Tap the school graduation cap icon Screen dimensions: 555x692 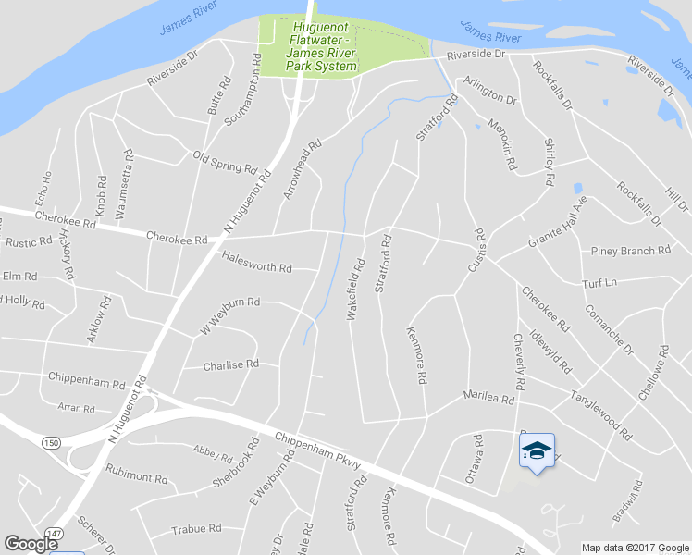click(536, 450)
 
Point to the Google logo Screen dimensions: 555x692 click(31, 544)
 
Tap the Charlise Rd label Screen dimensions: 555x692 click(230, 365)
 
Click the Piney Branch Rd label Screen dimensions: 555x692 click(630, 251)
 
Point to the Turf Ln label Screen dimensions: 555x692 click(599, 282)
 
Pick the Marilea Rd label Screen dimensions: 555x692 click(488, 398)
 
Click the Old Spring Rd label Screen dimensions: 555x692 click(224, 162)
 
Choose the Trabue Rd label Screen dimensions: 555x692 click(196, 529)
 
